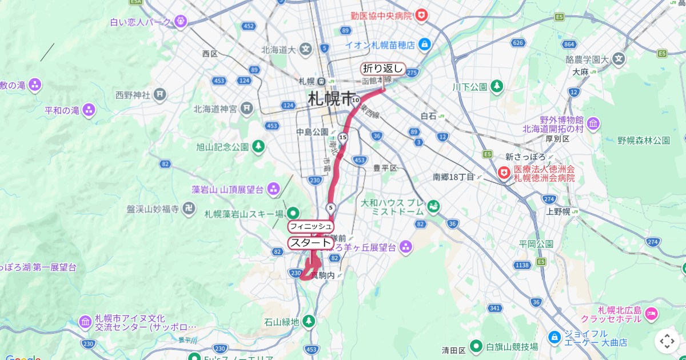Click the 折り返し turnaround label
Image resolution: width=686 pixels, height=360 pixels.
point(383,69)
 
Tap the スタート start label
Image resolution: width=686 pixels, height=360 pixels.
point(310,242)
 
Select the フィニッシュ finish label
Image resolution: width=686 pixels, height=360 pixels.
point(310,226)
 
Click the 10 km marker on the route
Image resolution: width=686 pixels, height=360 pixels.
point(356,101)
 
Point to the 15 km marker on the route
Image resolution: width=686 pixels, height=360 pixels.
point(342,137)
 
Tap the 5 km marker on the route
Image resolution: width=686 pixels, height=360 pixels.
point(330,207)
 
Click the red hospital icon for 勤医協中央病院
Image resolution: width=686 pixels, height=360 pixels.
point(421,15)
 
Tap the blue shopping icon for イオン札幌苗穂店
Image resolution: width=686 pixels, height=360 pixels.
point(424,44)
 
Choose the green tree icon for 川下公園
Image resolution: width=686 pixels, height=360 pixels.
point(497,86)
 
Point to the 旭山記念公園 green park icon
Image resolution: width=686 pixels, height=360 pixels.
point(258,147)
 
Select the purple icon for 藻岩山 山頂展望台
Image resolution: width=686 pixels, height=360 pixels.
point(274,189)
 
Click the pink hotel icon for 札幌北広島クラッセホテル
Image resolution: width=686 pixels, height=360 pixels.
point(651,313)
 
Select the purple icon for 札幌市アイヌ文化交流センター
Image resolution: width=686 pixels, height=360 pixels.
point(86,322)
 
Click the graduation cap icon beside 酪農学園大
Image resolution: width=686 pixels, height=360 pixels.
point(619,59)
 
